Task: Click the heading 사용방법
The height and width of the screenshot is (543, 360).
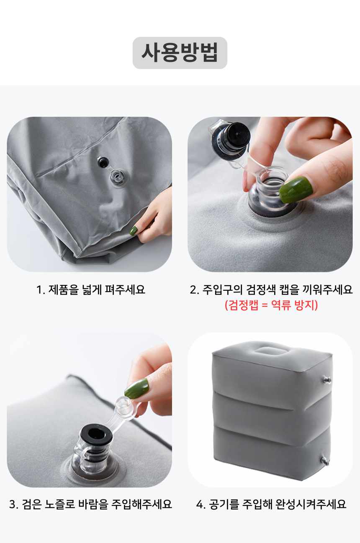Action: point(180,53)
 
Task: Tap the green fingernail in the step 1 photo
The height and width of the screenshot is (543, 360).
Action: point(134,231)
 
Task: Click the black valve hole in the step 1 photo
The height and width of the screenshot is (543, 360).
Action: point(103,162)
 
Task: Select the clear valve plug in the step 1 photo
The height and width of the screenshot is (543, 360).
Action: point(118,177)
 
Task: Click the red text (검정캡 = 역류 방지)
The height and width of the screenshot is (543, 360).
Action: point(271,305)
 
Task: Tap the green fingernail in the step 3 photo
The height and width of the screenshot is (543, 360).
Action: point(136,389)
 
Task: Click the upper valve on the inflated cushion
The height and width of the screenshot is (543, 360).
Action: point(326,380)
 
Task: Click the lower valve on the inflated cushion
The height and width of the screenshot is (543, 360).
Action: point(324,460)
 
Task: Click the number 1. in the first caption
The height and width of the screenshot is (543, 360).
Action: point(41,290)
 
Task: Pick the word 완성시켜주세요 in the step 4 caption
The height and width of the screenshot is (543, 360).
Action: point(311,505)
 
